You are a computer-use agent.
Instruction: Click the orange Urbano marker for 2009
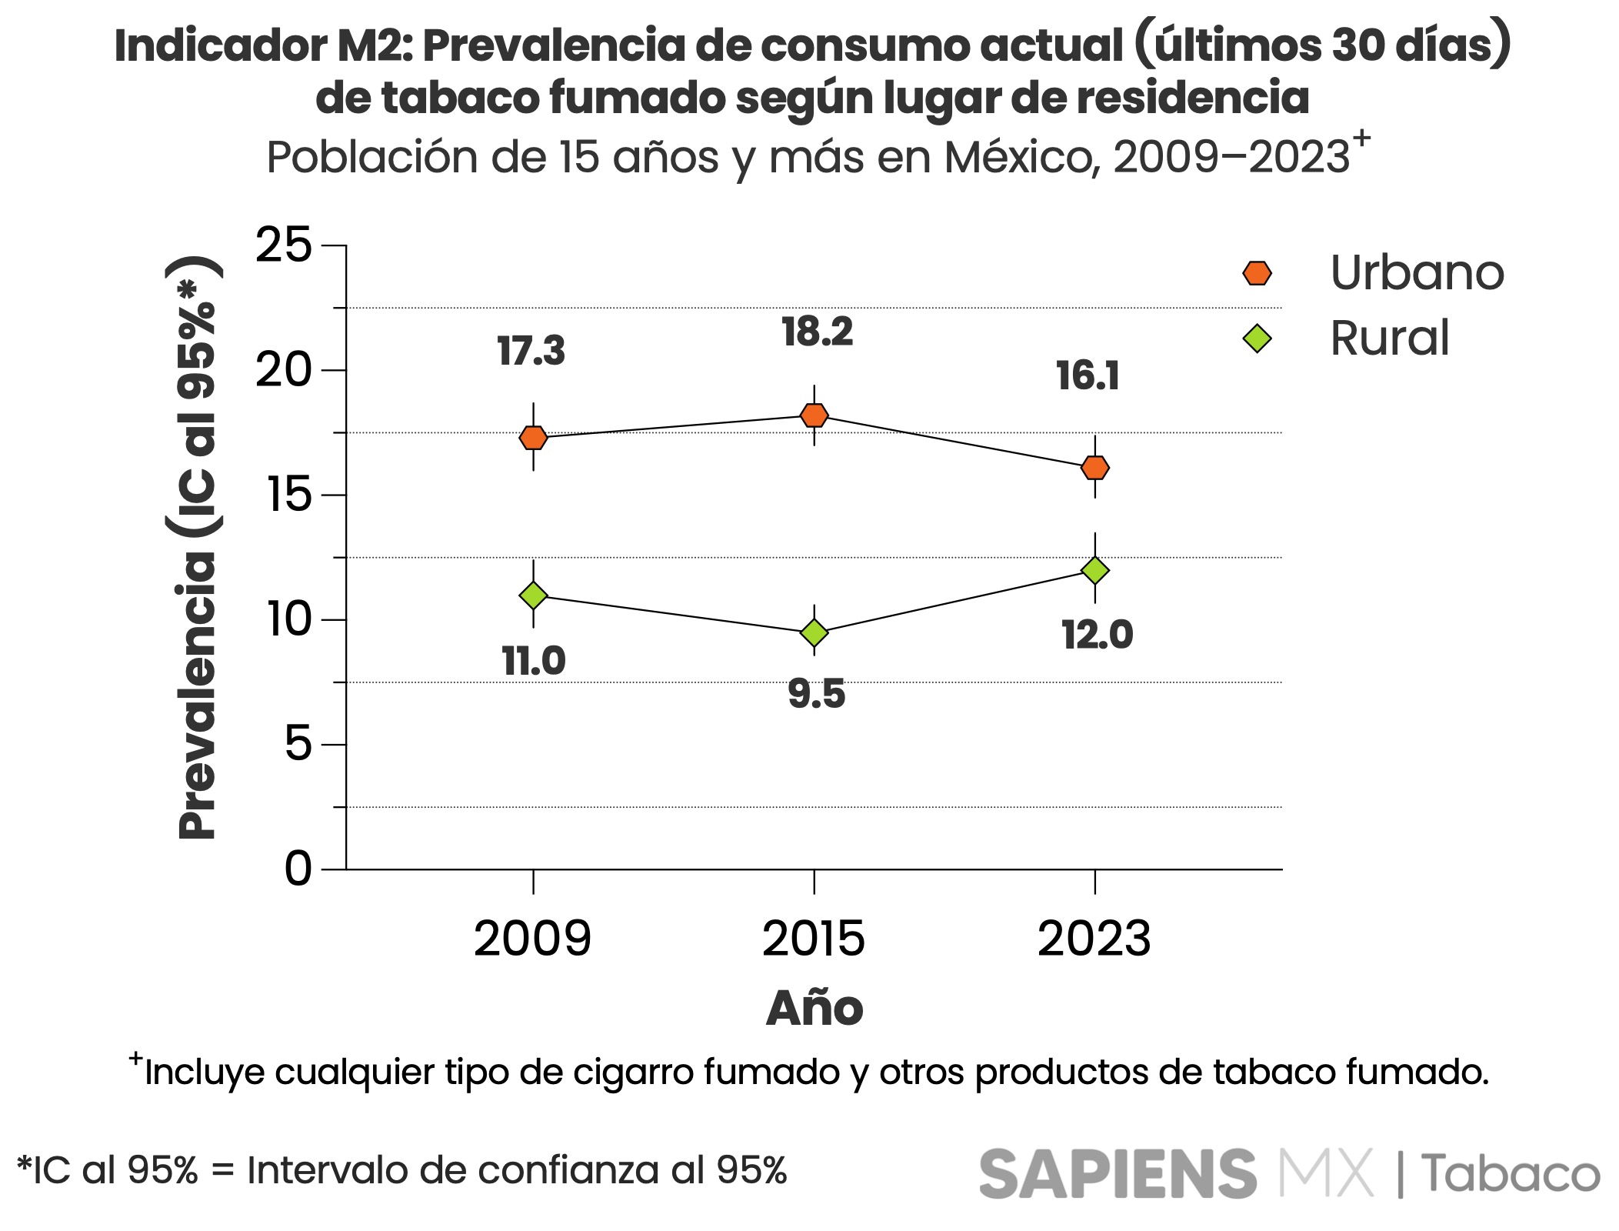533,438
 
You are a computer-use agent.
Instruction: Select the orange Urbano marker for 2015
814,415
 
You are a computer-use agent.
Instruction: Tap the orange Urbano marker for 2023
1094,467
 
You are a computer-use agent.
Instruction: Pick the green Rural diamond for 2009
533,595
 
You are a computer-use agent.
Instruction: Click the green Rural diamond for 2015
814,632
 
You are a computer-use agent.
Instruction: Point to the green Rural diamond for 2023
1094,570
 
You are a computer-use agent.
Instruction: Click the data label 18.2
817,332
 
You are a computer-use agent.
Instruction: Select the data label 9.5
816,694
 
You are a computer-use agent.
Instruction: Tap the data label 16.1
1088,376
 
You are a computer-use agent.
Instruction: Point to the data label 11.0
534,661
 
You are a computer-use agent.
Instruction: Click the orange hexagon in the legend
1257,273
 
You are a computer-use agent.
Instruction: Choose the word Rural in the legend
1389,338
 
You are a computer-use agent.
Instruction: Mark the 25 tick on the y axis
284,245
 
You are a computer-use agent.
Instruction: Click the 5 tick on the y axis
298,744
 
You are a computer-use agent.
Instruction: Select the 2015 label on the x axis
814,939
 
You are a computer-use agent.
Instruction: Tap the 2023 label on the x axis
1094,939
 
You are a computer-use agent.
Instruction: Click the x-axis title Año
814,1007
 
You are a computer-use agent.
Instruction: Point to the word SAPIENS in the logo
1117,1174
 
